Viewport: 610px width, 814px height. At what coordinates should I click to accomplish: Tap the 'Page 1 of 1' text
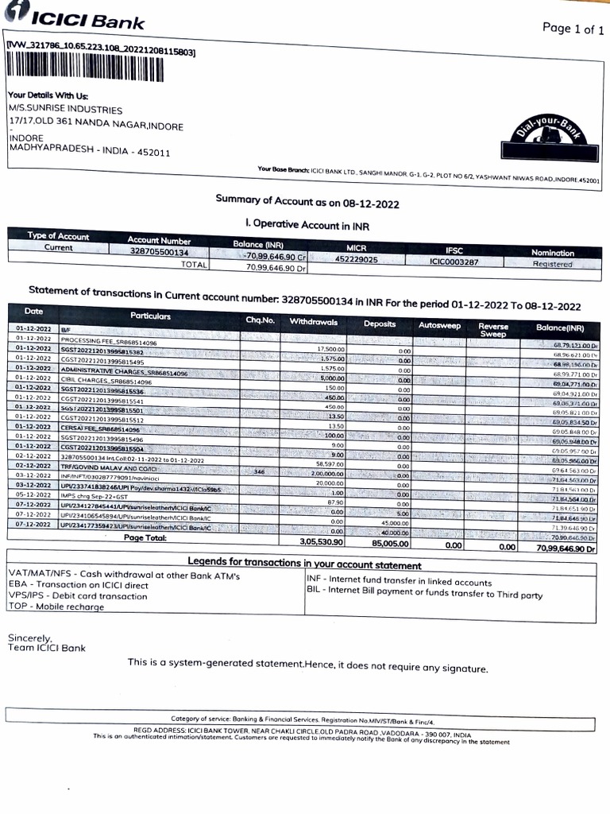click(x=568, y=29)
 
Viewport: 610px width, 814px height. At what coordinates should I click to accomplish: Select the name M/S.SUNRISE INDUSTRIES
click(x=66, y=110)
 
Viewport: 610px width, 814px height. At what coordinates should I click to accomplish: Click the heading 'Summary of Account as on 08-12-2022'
click(x=307, y=202)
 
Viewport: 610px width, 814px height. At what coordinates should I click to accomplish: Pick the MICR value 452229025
click(x=357, y=259)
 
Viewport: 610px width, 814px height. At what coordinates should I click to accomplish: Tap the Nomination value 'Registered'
click(x=552, y=264)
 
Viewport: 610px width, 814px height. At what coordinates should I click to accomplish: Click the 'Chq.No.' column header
click(x=260, y=320)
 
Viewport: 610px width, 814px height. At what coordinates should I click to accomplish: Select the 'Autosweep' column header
click(x=438, y=325)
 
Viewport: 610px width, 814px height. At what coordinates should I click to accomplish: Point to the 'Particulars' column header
click(x=151, y=316)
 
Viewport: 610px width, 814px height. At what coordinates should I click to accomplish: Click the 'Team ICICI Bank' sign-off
click(x=47, y=648)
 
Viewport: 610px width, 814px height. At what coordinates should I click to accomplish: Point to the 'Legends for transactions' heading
click(x=304, y=565)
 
